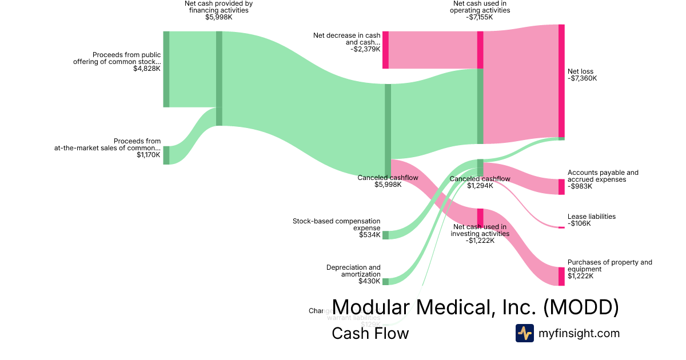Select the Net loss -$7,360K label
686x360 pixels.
[x=582, y=75]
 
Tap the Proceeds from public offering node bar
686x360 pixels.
[x=166, y=69]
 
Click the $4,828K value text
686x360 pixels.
[x=147, y=69]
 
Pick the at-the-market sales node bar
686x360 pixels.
[x=166, y=155]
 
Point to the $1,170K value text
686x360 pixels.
[x=149, y=155]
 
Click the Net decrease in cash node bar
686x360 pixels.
[x=385, y=50]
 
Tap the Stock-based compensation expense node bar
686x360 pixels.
[x=385, y=235]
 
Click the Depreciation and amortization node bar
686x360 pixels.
[x=385, y=281]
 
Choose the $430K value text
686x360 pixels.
[x=369, y=281]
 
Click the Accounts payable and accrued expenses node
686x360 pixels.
[x=561, y=187]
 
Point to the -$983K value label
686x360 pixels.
[x=579, y=186]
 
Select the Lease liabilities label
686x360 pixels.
[x=591, y=217]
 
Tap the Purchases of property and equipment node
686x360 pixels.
[x=561, y=276]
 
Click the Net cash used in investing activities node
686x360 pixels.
[x=480, y=218]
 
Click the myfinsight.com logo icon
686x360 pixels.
[x=524, y=333]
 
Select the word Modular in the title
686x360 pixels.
[x=368, y=307]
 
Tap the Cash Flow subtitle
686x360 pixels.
[x=370, y=333]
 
